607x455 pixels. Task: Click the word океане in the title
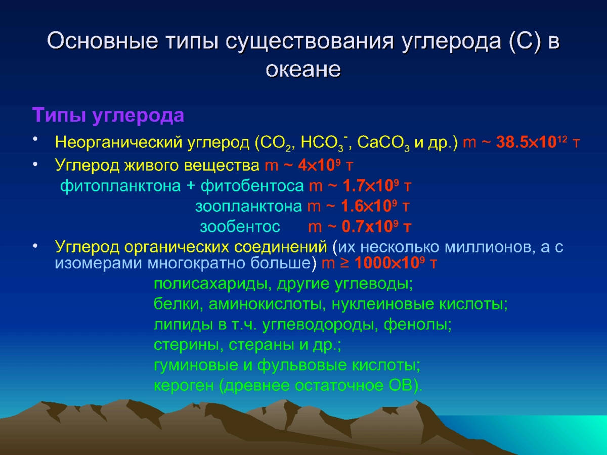[303, 69]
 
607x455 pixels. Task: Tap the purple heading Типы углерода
[108, 115]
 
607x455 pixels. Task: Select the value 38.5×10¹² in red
[532, 142]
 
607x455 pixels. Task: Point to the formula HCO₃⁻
[324, 143]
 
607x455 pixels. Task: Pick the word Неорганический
[119, 143]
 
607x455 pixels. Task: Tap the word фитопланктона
[120, 186]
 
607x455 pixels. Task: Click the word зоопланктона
[248, 207]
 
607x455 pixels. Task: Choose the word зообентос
[240, 227]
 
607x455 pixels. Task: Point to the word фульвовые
[302, 366]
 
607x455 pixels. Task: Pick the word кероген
[184, 386]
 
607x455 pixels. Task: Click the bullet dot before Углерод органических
[35, 246]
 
